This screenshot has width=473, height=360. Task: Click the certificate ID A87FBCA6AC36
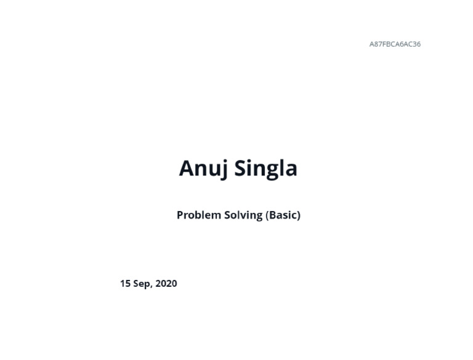[x=395, y=44]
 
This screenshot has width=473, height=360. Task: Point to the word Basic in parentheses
[x=283, y=215]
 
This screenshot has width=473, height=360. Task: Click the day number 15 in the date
[x=125, y=284]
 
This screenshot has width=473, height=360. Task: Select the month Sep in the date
[x=142, y=284]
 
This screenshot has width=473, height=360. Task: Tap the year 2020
[x=166, y=284]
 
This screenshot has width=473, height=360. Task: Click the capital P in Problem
[x=180, y=215]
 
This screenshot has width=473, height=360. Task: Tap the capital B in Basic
[x=272, y=215]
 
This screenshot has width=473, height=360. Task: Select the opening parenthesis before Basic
[x=267, y=215]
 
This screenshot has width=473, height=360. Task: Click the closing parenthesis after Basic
[x=298, y=215]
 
